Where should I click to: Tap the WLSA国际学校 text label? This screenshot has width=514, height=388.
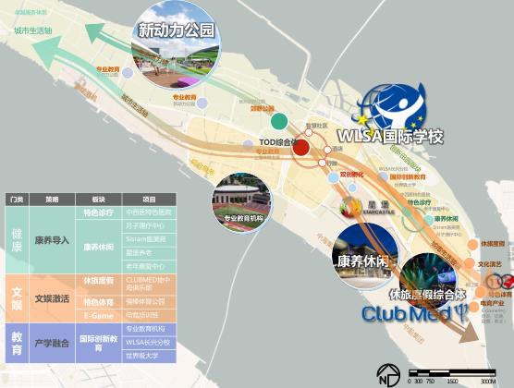click(x=390, y=137)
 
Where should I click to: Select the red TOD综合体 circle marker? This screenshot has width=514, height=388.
click(x=300, y=146)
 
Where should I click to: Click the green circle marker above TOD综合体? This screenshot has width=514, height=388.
click(x=277, y=121)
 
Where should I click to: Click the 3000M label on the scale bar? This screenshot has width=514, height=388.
click(x=488, y=381)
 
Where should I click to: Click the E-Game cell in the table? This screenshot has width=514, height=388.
click(x=98, y=314)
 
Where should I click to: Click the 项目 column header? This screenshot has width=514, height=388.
click(x=148, y=199)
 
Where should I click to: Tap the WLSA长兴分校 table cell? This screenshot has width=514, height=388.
click(x=148, y=341)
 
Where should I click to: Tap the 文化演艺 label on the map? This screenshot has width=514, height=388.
click(x=492, y=264)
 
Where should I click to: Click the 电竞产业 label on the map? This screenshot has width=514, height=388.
click(x=491, y=302)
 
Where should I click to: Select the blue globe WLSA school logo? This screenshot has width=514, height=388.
click(x=394, y=104)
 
